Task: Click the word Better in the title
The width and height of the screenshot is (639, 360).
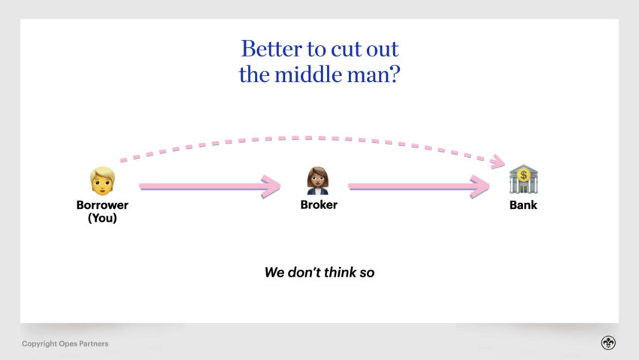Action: tap(272, 50)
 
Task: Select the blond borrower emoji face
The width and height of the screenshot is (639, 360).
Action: tap(102, 181)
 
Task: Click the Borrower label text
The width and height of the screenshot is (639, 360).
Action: tap(102, 205)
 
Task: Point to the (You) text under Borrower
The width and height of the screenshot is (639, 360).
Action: tap(102, 218)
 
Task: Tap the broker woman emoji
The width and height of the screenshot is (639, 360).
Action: tap(318, 180)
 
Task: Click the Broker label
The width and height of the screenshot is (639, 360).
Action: tap(319, 205)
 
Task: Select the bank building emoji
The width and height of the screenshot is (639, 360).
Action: tap(523, 179)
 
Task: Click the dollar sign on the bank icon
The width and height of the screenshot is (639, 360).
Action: tap(524, 175)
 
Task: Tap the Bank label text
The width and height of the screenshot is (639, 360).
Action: tap(523, 205)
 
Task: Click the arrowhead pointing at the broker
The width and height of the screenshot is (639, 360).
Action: tap(271, 186)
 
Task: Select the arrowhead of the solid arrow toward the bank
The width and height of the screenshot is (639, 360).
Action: tap(480, 186)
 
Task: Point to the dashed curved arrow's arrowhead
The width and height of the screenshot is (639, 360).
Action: tap(498, 162)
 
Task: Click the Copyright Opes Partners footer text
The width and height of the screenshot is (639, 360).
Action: tap(65, 343)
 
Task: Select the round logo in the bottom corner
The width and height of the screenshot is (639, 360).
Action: tap(608, 343)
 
